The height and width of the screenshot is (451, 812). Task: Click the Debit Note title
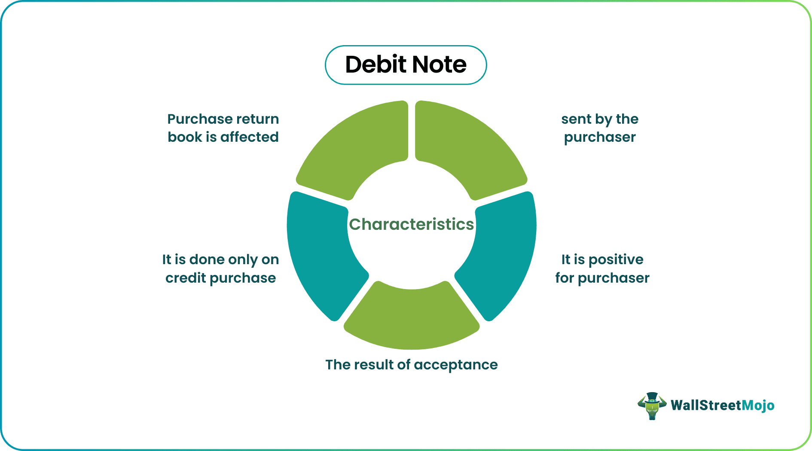coord(406,65)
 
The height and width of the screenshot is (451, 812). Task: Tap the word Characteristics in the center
coord(411,224)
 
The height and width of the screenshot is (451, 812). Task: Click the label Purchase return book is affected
coord(223,128)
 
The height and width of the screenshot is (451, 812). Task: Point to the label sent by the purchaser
coord(600,128)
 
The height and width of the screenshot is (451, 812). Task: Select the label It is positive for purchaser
coord(602,268)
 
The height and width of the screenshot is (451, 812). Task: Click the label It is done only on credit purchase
coord(220,268)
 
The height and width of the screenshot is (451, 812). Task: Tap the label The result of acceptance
coord(411,365)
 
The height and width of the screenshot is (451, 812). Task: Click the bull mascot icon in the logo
coord(652,405)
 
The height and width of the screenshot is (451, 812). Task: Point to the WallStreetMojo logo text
coord(722,405)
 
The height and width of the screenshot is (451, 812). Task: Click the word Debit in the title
coord(372,65)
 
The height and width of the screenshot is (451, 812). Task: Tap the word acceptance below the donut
coord(456,365)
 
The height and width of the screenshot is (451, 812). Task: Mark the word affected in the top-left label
coord(249,137)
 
